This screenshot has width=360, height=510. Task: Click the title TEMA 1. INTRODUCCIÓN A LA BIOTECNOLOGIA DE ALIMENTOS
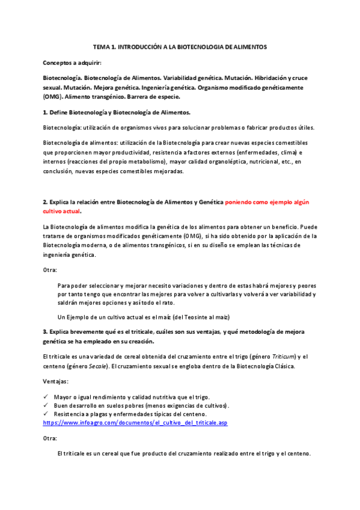coord(180,46)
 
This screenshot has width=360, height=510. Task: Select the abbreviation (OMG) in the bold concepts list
coord(52,96)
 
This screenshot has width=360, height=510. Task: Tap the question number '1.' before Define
coord(46,112)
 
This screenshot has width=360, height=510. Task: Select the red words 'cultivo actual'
coord(61,212)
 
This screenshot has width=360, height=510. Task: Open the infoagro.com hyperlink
coord(135,423)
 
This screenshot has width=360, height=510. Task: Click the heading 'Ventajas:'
coord(56,381)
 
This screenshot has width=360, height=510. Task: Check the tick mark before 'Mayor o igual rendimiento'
coord(46,397)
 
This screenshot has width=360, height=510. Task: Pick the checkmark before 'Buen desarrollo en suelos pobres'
coord(46,405)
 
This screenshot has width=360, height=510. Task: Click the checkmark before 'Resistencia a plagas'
coord(46,414)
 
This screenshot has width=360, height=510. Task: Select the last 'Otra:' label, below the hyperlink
coord(50,438)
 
